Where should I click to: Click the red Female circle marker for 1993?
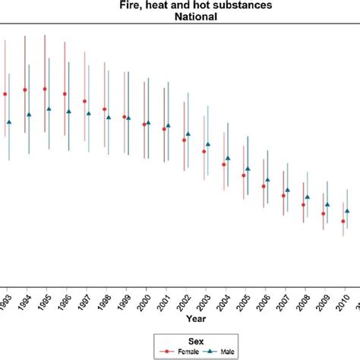[5, 94]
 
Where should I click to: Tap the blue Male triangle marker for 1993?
[9, 122]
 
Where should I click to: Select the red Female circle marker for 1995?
[45, 89]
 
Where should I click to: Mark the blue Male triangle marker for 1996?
[68, 112]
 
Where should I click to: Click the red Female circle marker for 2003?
[204, 151]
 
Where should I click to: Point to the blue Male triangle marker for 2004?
[227, 159]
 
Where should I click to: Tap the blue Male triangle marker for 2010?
[347, 211]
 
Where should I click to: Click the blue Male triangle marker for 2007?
[287, 189]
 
